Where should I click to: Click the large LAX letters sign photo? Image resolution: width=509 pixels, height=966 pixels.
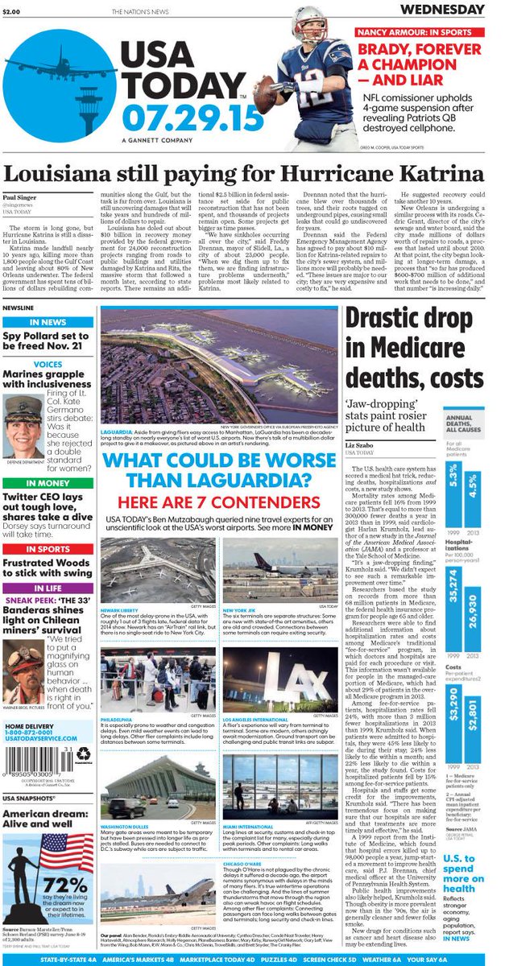click(280, 680)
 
